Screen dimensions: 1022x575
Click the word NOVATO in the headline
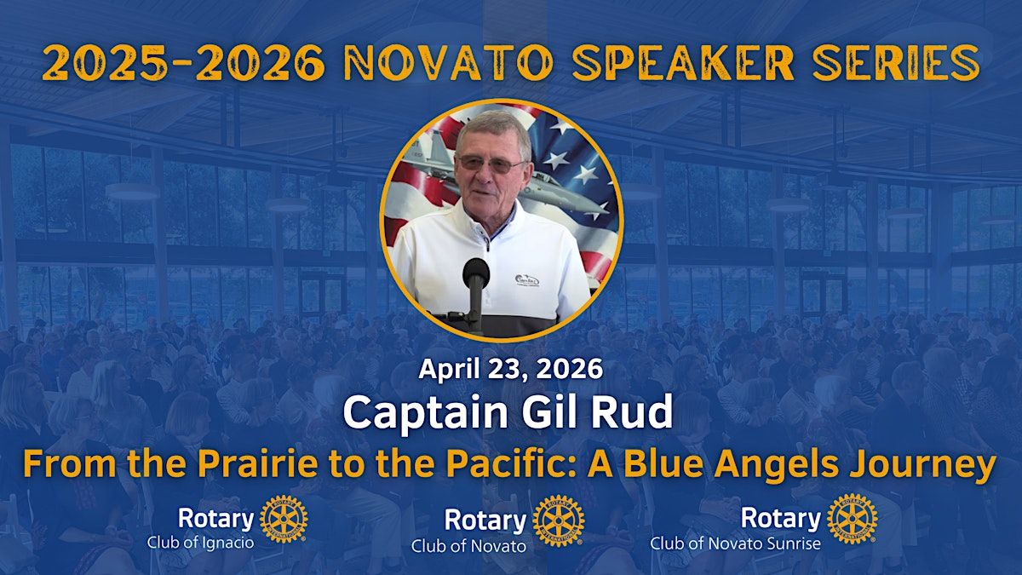pyautogui.click(x=448, y=63)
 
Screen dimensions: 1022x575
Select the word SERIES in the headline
pyautogui.click(x=897, y=63)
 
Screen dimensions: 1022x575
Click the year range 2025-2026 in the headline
pyautogui.click(x=183, y=63)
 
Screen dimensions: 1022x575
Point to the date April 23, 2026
pyautogui.click(x=510, y=369)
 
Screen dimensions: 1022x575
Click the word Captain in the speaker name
pyautogui.click(x=425, y=411)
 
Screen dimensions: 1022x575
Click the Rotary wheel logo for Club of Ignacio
pyautogui.click(x=284, y=520)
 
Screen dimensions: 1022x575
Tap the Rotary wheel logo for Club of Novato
pyautogui.click(x=559, y=521)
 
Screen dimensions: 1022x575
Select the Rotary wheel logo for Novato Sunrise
pyautogui.click(x=853, y=520)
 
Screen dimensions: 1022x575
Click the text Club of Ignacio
pyautogui.click(x=201, y=543)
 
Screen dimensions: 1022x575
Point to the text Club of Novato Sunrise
pyautogui.click(x=736, y=544)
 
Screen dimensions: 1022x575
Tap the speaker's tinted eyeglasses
pyautogui.click(x=492, y=164)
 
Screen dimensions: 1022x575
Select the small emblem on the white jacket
pyautogui.click(x=527, y=280)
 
